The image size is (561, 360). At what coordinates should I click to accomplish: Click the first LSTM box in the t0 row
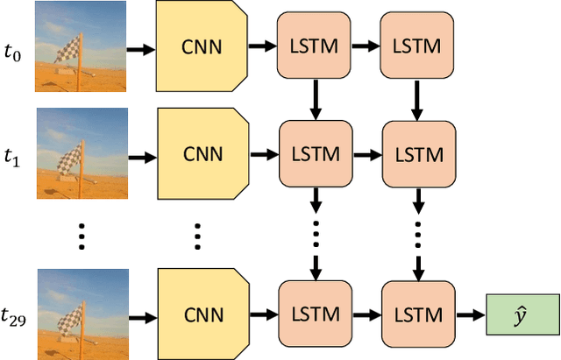[314, 46]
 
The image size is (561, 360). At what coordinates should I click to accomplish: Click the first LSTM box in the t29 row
[314, 314]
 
